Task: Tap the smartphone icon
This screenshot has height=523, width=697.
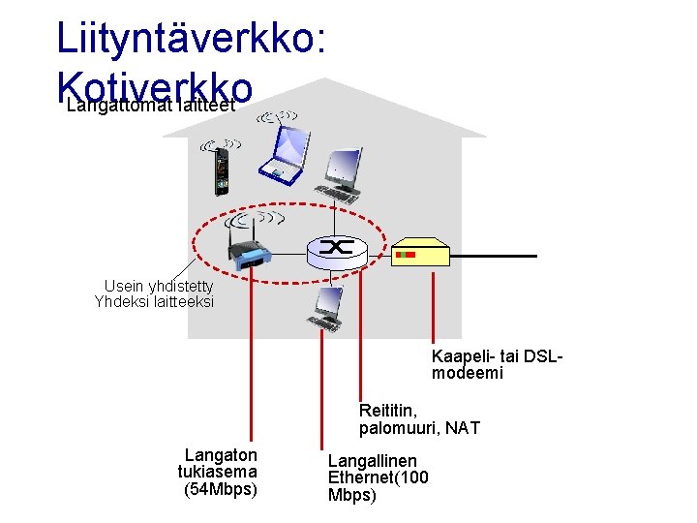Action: pyautogui.click(x=222, y=170)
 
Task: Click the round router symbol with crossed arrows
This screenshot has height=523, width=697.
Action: pyautogui.click(x=338, y=250)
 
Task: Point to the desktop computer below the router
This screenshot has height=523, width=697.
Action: pyautogui.click(x=323, y=309)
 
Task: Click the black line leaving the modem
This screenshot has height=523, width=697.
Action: pyautogui.click(x=494, y=256)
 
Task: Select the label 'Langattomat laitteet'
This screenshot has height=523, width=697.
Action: pyautogui.click(x=150, y=106)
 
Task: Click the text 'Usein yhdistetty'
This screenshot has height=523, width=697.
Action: pyautogui.click(x=158, y=287)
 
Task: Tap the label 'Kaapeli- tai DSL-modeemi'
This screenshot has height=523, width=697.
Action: pyautogui.click(x=497, y=364)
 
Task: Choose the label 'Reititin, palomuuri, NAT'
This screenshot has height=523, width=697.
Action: pyautogui.click(x=418, y=419)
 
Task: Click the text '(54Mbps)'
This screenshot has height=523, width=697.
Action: pyautogui.click(x=221, y=488)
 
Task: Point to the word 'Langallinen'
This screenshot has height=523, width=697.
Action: pyautogui.click(x=372, y=461)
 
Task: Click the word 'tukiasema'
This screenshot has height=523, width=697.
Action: pyautogui.click(x=217, y=472)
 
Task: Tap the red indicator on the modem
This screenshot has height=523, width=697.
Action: pyautogui.click(x=408, y=254)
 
